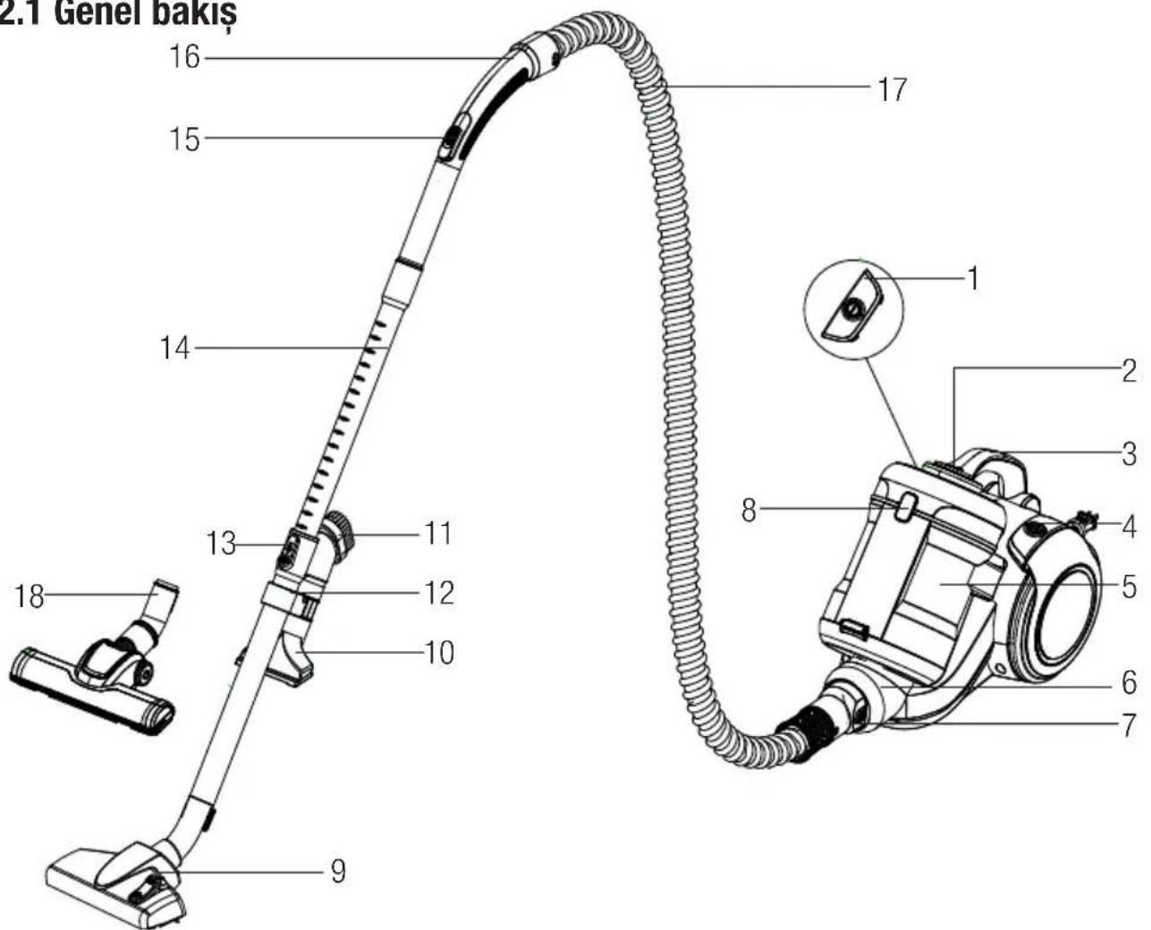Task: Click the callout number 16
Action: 185,56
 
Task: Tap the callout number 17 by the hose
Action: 893,89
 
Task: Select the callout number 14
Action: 174,348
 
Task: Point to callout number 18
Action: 30,596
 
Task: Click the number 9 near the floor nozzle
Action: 338,871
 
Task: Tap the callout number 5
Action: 1129,587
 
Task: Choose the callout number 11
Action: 438,533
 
